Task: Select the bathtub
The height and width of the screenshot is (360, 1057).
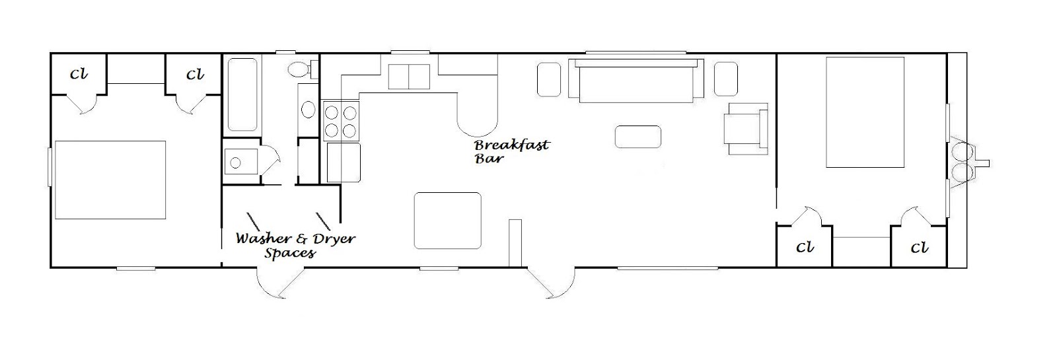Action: (x=242, y=94)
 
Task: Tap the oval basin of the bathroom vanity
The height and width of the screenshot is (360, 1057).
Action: (x=309, y=110)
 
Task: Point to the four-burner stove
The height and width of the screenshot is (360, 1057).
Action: (x=341, y=121)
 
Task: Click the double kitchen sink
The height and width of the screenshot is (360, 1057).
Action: (x=409, y=77)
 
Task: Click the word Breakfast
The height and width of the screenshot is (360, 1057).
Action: (x=512, y=145)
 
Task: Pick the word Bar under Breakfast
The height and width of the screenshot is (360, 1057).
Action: (x=489, y=159)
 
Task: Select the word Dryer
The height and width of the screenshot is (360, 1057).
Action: (x=333, y=238)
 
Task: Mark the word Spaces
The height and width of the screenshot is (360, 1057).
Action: (x=290, y=254)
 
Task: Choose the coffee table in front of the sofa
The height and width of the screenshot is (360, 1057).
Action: (x=638, y=137)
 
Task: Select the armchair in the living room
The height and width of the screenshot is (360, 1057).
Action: (x=746, y=129)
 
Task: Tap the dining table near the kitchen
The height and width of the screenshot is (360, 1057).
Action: (x=448, y=221)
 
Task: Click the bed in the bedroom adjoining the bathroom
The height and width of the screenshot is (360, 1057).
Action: (x=110, y=180)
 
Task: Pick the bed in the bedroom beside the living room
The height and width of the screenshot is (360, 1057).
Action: (x=865, y=112)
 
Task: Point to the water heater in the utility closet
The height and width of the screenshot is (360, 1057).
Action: (x=241, y=162)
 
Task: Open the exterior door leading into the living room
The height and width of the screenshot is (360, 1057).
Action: (x=551, y=283)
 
